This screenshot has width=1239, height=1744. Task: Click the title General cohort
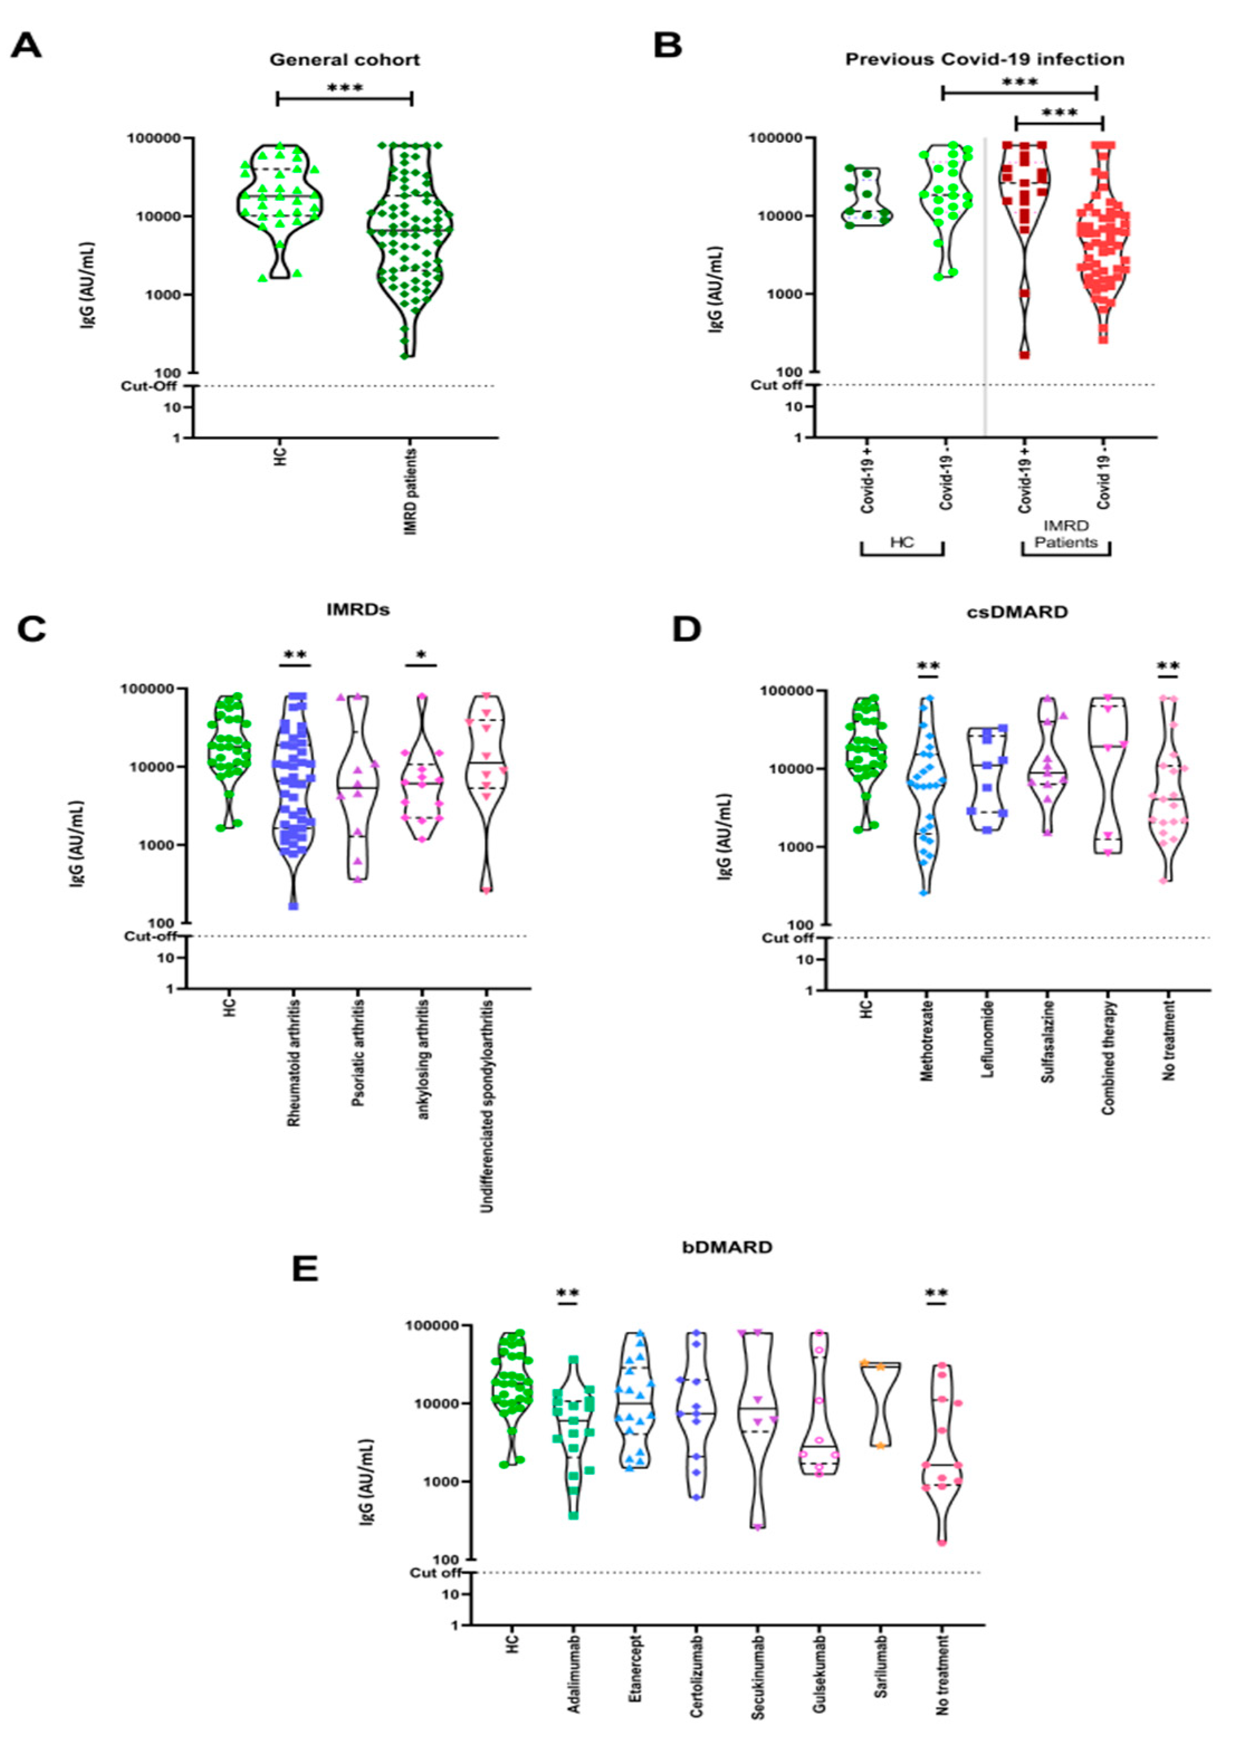[345, 60]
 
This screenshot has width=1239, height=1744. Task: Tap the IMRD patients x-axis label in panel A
[411, 491]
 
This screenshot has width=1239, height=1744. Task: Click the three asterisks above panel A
[345, 88]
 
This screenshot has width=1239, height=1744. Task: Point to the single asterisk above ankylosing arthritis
[421, 656]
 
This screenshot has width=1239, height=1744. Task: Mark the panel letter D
[687, 630]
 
